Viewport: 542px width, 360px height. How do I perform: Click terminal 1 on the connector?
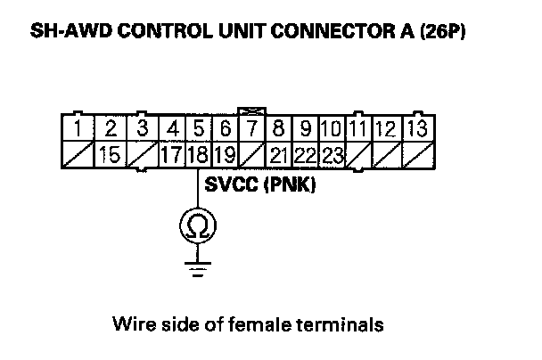[x=80, y=129]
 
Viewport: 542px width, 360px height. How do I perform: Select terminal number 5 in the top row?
[x=200, y=129]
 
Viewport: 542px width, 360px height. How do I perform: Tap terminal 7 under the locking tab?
[x=251, y=129]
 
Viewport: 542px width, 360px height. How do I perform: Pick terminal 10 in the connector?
[x=333, y=129]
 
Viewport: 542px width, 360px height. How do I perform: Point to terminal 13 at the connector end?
[x=416, y=129]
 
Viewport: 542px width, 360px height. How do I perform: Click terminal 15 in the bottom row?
[x=110, y=153]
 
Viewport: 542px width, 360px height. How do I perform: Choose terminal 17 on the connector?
[x=174, y=153]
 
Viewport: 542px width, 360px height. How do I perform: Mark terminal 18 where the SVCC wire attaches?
[x=199, y=153]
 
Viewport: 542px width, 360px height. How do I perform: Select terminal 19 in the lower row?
[x=225, y=153]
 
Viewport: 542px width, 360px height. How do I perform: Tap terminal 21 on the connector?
[x=279, y=153]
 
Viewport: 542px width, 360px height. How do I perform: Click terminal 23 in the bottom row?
[x=333, y=153]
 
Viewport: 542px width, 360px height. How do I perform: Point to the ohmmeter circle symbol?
[x=196, y=228]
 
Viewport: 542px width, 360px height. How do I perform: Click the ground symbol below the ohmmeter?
[x=196, y=267]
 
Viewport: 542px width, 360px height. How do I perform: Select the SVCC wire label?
[x=228, y=189]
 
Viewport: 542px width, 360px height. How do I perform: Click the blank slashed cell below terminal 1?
[x=80, y=153]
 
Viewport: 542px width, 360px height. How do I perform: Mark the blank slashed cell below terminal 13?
[x=416, y=153]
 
